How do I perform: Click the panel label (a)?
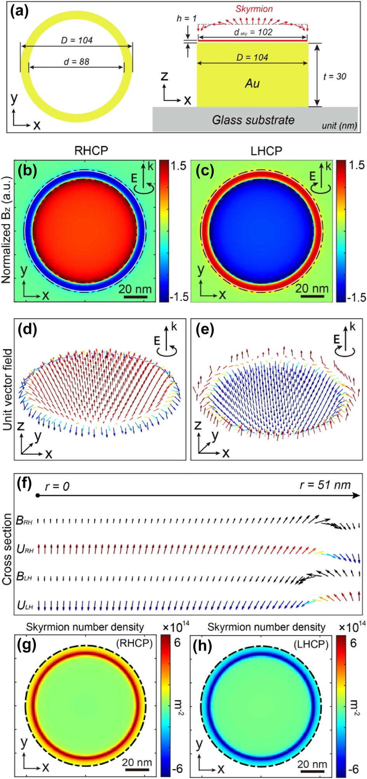coord(19,12)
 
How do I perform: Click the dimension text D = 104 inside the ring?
coord(77,40)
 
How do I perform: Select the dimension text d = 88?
coord(77,61)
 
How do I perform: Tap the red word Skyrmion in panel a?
coord(254,9)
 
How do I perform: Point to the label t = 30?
coord(334,76)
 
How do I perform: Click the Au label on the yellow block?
coord(252,83)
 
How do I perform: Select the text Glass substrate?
coord(253,120)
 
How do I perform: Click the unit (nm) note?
coord(339,126)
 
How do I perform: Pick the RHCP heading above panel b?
coord(91,151)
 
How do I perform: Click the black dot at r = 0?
coord(37,495)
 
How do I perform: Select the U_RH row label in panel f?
coord(25,549)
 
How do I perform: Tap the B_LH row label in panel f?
coord(24,576)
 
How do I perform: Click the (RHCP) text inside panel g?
coord(134,643)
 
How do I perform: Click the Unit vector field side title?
coord(7,389)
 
